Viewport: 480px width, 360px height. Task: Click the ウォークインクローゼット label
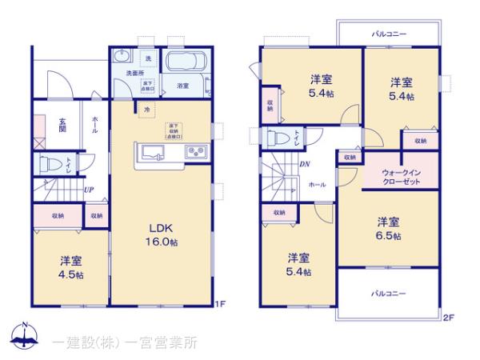pyautogui.click(x=399, y=176)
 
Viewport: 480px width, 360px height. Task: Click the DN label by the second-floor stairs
pyautogui.click(x=304, y=166)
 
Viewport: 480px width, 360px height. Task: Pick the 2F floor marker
pyautogui.click(x=448, y=318)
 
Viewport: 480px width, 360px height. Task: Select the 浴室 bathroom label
pyautogui.click(x=182, y=84)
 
